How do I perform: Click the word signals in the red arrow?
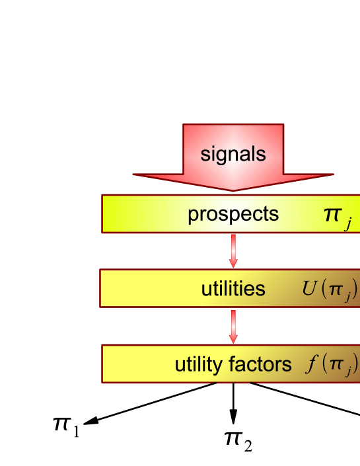233,155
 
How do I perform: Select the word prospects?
233,214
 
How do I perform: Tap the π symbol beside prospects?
332,214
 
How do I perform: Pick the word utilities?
233,289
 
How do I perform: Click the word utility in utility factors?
199,364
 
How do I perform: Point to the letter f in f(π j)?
310,364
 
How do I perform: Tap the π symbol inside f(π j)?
336,365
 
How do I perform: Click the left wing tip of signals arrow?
134,175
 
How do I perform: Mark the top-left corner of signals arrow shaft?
184,125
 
